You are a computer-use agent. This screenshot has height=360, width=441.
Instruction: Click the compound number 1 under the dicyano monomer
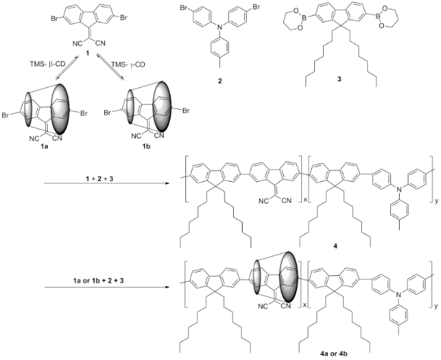(x=88, y=53)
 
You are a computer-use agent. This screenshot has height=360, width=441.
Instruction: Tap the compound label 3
(x=340, y=79)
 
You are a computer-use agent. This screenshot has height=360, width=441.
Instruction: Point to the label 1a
(x=44, y=146)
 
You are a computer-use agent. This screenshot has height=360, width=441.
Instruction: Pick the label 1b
(x=146, y=146)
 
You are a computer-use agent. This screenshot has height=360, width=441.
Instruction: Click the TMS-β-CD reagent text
(x=47, y=64)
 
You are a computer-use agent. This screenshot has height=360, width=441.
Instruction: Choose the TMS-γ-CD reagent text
(x=128, y=64)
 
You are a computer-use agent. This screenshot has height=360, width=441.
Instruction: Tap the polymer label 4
(x=335, y=246)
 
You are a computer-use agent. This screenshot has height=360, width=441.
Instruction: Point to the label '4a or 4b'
(x=334, y=353)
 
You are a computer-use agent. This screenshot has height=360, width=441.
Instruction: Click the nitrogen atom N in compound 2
(x=220, y=27)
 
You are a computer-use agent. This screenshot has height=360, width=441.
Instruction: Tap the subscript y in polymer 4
(x=436, y=201)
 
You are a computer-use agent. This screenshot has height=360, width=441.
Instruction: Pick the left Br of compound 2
(x=184, y=7)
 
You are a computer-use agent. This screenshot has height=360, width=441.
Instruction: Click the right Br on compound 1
(x=124, y=18)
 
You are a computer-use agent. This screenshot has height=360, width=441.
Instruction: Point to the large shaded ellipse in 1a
(x=59, y=109)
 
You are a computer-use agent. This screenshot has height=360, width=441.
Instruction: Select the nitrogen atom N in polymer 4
(x=398, y=190)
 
